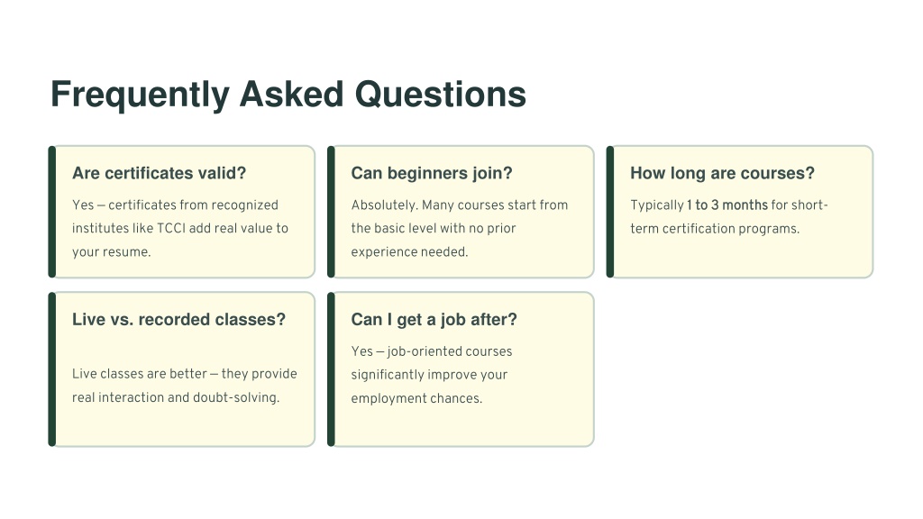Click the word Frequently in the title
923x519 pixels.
click(x=140, y=95)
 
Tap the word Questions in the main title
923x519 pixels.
click(x=440, y=94)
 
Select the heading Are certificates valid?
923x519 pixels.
click(x=159, y=173)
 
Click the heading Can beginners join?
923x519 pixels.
click(x=432, y=173)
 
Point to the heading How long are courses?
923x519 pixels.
click(x=722, y=173)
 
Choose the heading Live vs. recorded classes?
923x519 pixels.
click(x=178, y=320)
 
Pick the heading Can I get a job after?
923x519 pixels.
click(x=434, y=320)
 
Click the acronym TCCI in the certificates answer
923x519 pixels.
click(x=171, y=228)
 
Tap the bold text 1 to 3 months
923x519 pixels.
click(x=727, y=205)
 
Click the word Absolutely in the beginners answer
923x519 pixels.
click(x=384, y=205)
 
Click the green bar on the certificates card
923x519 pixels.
click(x=51, y=212)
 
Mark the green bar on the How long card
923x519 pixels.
click(x=610, y=212)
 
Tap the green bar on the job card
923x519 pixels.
click(x=331, y=369)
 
